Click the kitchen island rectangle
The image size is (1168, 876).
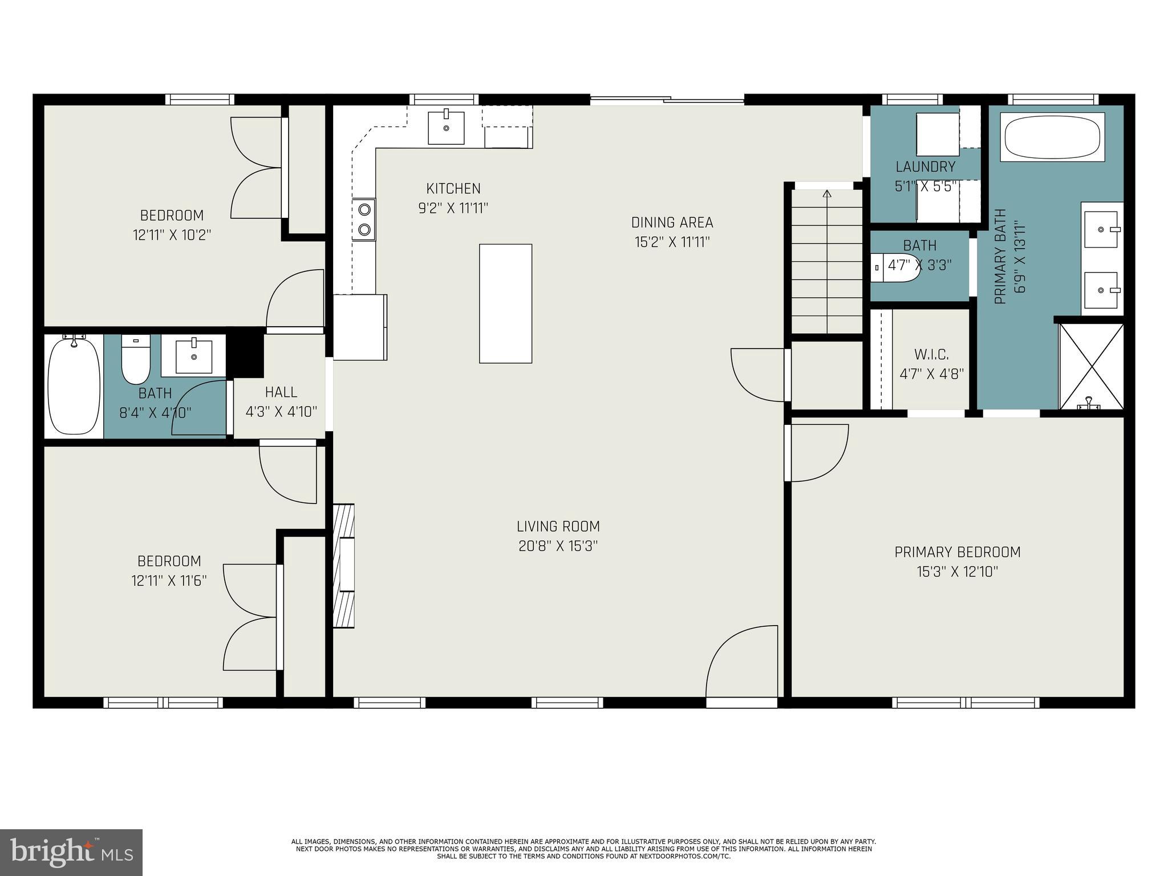coord(505,303)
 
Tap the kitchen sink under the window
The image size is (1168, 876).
coord(446,128)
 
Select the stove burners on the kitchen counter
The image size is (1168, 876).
coord(364,219)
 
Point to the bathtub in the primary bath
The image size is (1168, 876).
coord(1052,137)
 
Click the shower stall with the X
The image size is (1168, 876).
coord(1091,366)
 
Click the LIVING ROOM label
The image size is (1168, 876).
coord(558,526)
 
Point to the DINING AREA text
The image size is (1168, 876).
coord(672,222)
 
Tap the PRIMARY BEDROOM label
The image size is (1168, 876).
coord(958,552)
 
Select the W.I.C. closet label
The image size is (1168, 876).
coord(932,355)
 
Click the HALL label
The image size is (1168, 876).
coord(281,392)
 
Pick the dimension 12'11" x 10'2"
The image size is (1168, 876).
coord(172,235)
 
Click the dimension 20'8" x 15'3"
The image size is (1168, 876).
coord(558,546)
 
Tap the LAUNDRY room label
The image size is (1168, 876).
coord(926,167)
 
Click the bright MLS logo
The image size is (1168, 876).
coord(71,852)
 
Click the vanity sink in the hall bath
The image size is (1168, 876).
coord(194,356)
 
